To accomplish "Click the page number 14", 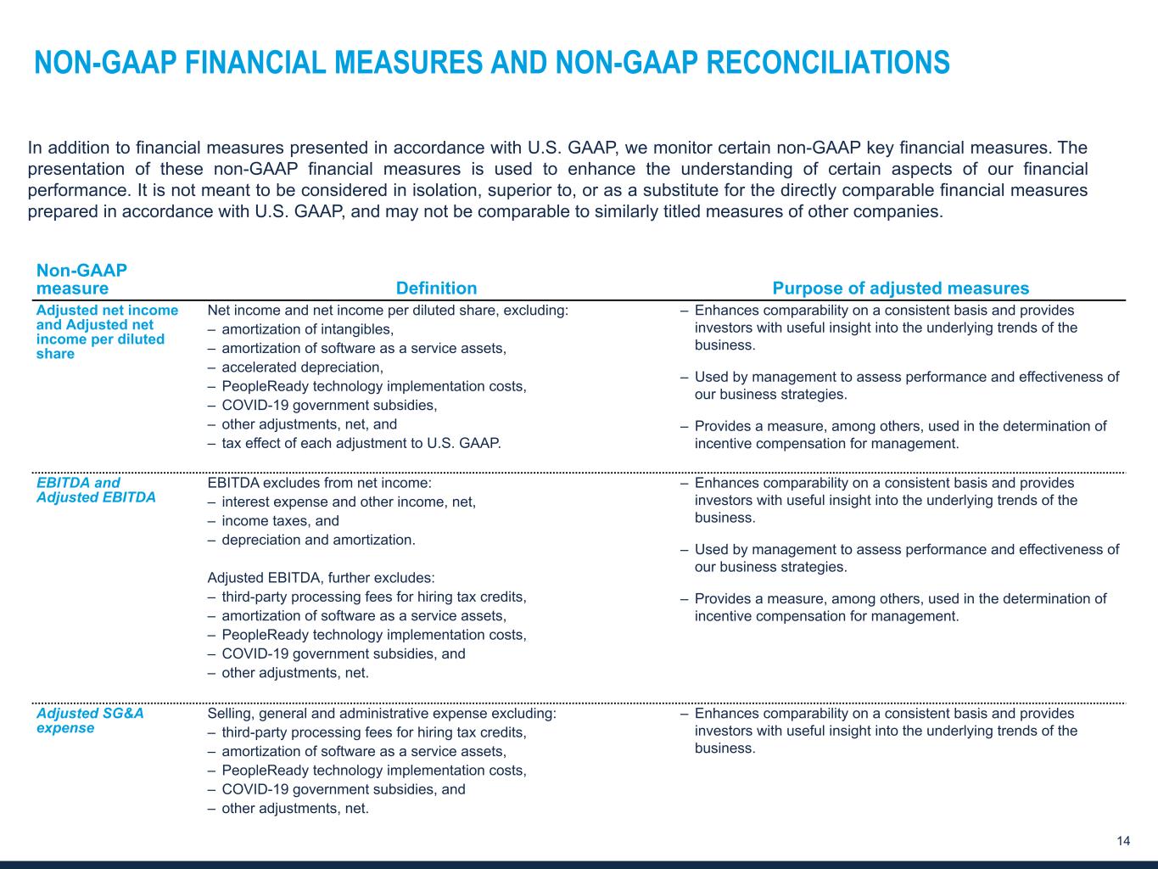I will tap(1123, 841).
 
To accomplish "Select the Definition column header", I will tap(436, 289).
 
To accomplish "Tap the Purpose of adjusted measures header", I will tap(900, 289).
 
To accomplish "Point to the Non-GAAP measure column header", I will tap(81, 279).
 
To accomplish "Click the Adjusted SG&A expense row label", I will tap(90, 720).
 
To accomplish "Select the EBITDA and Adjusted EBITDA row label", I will tap(96, 491).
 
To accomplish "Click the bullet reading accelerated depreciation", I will tap(302, 367).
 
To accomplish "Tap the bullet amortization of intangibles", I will tap(307, 329).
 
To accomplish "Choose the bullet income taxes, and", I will tap(280, 521).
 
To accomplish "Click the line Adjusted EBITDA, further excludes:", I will tap(321, 578).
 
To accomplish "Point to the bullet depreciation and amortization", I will tap(318, 540).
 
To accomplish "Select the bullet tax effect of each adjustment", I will tap(361, 443).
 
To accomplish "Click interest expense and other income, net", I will tap(348, 502).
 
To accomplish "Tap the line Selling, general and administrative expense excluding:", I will tap(382, 714).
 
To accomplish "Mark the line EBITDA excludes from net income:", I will tap(319, 483).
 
